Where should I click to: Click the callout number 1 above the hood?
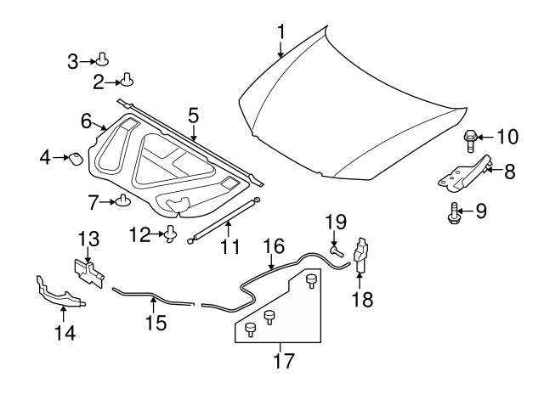pos(281,32)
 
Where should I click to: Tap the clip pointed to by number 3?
pos(102,59)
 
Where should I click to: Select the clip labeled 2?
pos(127,80)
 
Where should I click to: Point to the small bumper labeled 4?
pos(76,159)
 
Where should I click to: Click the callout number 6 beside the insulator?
pos(86,121)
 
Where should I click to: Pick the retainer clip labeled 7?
pos(122,200)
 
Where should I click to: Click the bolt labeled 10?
pos(469,140)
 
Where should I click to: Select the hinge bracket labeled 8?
pos(466,173)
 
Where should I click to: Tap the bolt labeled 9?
pos(453,213)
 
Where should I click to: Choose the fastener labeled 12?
pos(171,234)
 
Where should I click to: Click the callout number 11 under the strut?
pos(230,247)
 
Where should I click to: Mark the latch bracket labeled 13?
pos(89,273)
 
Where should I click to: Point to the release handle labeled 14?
pos(59,293)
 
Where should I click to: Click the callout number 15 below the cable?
pos(156,323)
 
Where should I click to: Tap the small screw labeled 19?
pos(337,251)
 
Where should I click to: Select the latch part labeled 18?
pos(360,255)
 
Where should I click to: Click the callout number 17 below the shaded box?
pos(284,360)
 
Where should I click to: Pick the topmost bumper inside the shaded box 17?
pos(311,281)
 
